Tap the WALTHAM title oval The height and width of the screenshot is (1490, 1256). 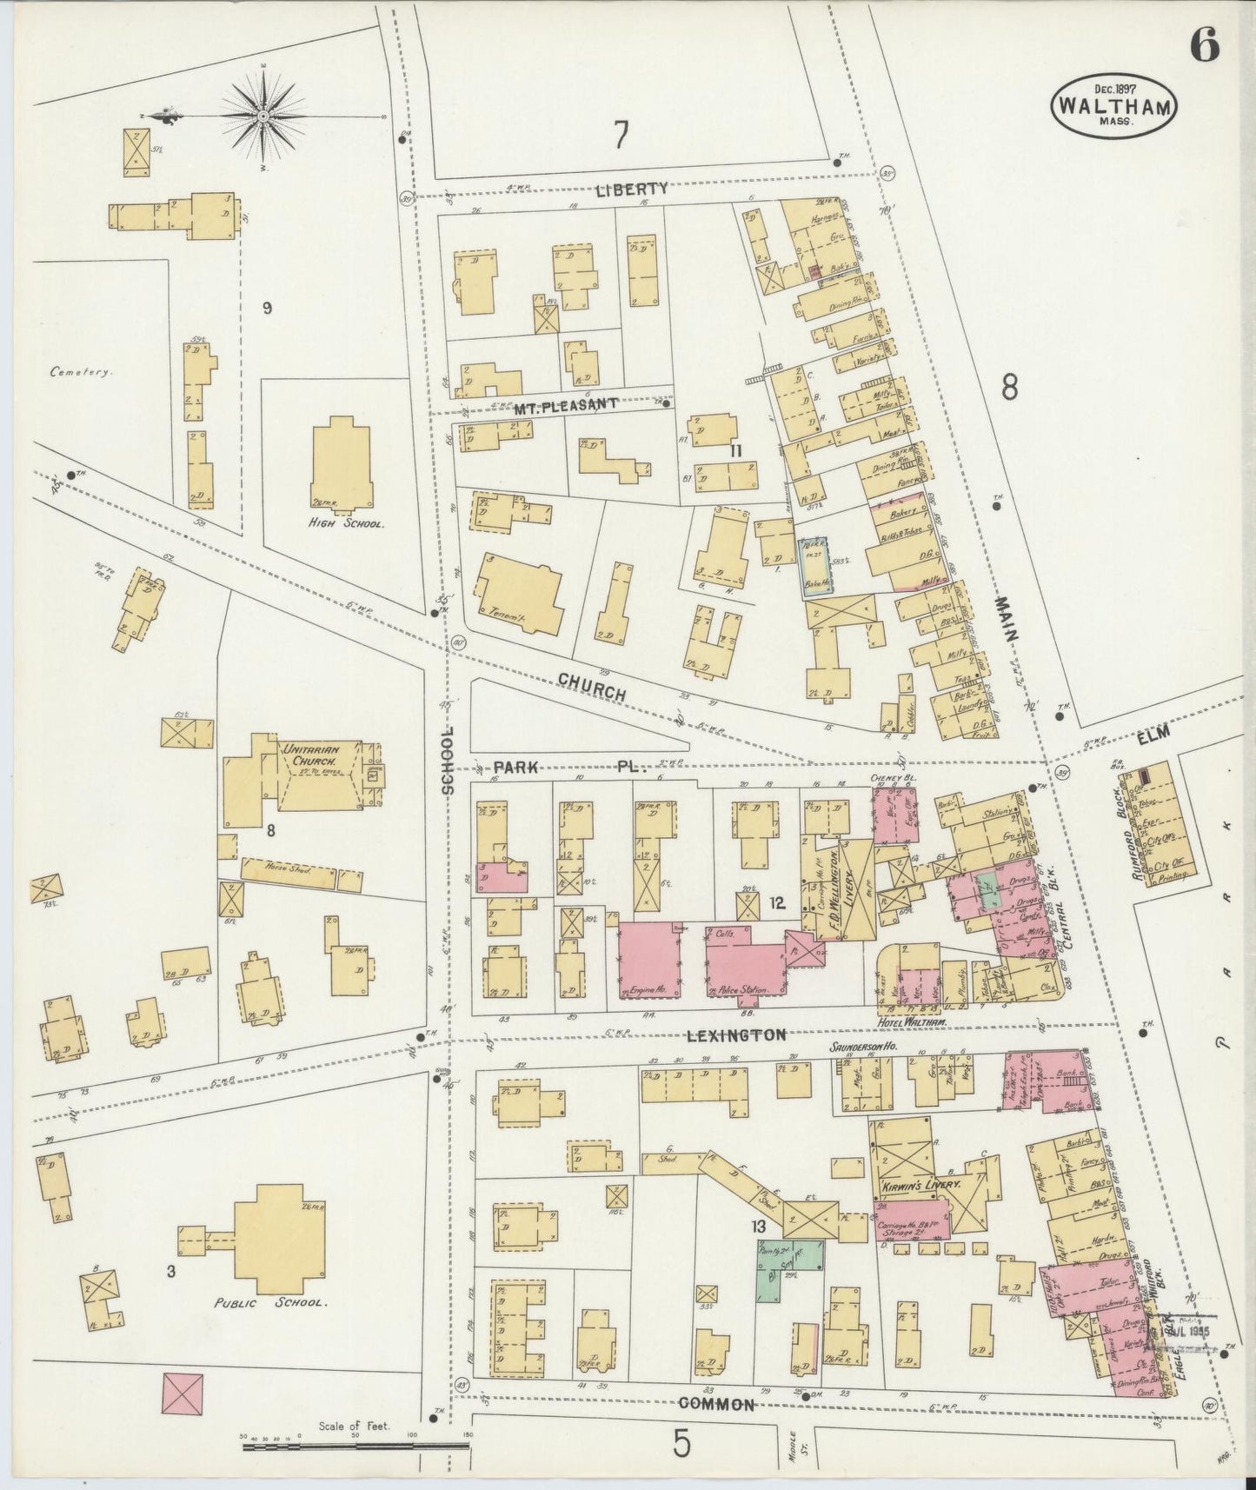1116,104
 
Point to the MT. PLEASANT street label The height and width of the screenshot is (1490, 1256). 564,404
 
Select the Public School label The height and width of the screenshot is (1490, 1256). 271,1303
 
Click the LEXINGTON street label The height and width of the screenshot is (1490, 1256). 735,1034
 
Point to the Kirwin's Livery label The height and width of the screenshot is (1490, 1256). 915,1185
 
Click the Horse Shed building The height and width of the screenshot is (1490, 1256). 301,874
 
